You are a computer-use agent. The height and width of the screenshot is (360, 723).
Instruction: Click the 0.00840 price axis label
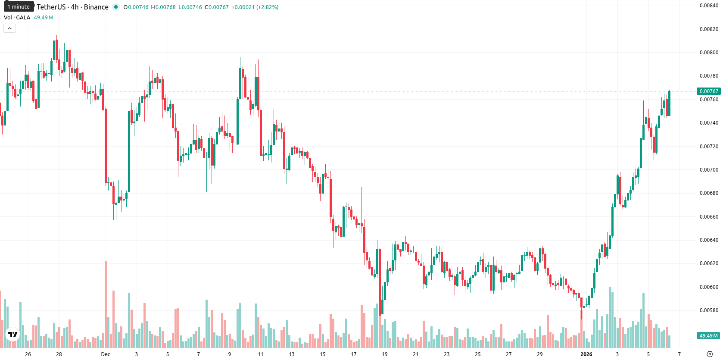tap(709, 6)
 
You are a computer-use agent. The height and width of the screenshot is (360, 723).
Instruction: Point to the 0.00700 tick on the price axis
tap(709, 170)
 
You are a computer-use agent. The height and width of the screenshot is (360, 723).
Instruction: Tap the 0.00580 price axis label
tap(709, 310)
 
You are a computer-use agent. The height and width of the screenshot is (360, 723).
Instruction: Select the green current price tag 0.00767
tap(708, 91)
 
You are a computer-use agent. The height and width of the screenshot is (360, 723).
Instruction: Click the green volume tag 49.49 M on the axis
tap(708, 336)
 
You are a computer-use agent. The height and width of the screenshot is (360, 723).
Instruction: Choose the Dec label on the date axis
tap(106, 354)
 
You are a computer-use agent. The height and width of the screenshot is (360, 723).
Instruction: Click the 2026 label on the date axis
tap(586, 354)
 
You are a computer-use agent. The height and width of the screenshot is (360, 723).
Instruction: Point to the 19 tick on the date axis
tap(385, 354)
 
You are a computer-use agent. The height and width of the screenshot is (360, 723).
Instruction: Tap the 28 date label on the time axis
tap(59, 354)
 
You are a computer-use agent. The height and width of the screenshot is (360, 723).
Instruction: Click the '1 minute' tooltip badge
tap(19, 6)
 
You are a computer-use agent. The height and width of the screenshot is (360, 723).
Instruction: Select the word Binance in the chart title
tap(96, 7)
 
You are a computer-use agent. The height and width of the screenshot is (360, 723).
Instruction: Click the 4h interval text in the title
tap(75, 7)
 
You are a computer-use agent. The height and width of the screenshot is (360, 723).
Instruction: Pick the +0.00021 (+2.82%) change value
tap(255, 7)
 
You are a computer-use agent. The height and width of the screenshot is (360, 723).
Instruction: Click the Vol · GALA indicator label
tap(17, 17)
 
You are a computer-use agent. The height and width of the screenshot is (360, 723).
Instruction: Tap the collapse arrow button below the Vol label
tap(9, 28)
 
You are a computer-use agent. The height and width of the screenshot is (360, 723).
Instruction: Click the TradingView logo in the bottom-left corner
tap(13, 334)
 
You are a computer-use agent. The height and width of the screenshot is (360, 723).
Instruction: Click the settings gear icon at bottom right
tap(710, 354)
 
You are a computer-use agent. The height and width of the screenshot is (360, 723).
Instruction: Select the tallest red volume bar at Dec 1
tap(106, 304)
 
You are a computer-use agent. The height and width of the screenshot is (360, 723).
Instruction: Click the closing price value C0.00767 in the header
tap(217, 7)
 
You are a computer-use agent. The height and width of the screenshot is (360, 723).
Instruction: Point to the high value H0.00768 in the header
tap(163, 7)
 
